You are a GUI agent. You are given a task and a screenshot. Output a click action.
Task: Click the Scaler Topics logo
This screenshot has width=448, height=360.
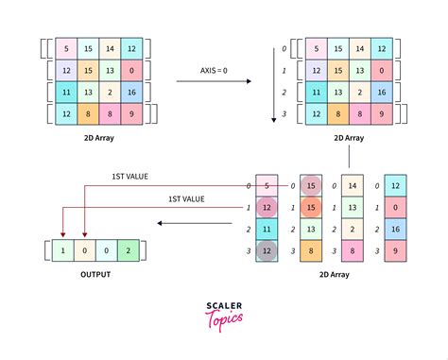tap(224, 314)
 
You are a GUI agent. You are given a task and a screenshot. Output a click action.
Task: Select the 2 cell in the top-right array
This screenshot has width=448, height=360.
tap(359, 93)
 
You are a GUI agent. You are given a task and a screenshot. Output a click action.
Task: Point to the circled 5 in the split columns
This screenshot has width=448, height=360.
tap(268, 186)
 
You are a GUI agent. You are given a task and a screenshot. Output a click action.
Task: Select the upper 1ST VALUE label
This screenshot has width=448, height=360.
tap(130, 177)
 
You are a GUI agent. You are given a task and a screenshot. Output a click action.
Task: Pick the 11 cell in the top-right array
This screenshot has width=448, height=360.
tap(315, 93)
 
